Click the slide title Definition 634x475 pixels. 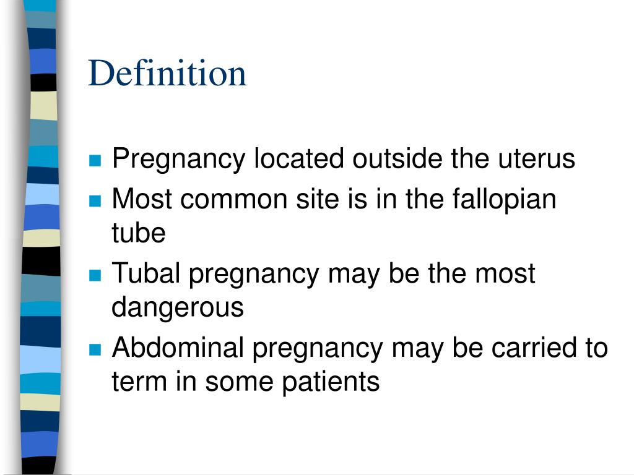[167, 73]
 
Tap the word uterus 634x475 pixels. [537, 159]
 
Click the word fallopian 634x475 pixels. [504, 199]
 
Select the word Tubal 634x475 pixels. [147, 273]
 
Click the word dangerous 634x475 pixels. [178, 307]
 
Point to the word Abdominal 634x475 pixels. [178, 348]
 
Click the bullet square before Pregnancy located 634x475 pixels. [95, 161]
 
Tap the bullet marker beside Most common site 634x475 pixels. [95, 201]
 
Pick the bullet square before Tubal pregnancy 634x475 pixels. [95, 275]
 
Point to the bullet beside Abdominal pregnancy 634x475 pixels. [95, 349]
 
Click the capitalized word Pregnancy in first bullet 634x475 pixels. [179, 160]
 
